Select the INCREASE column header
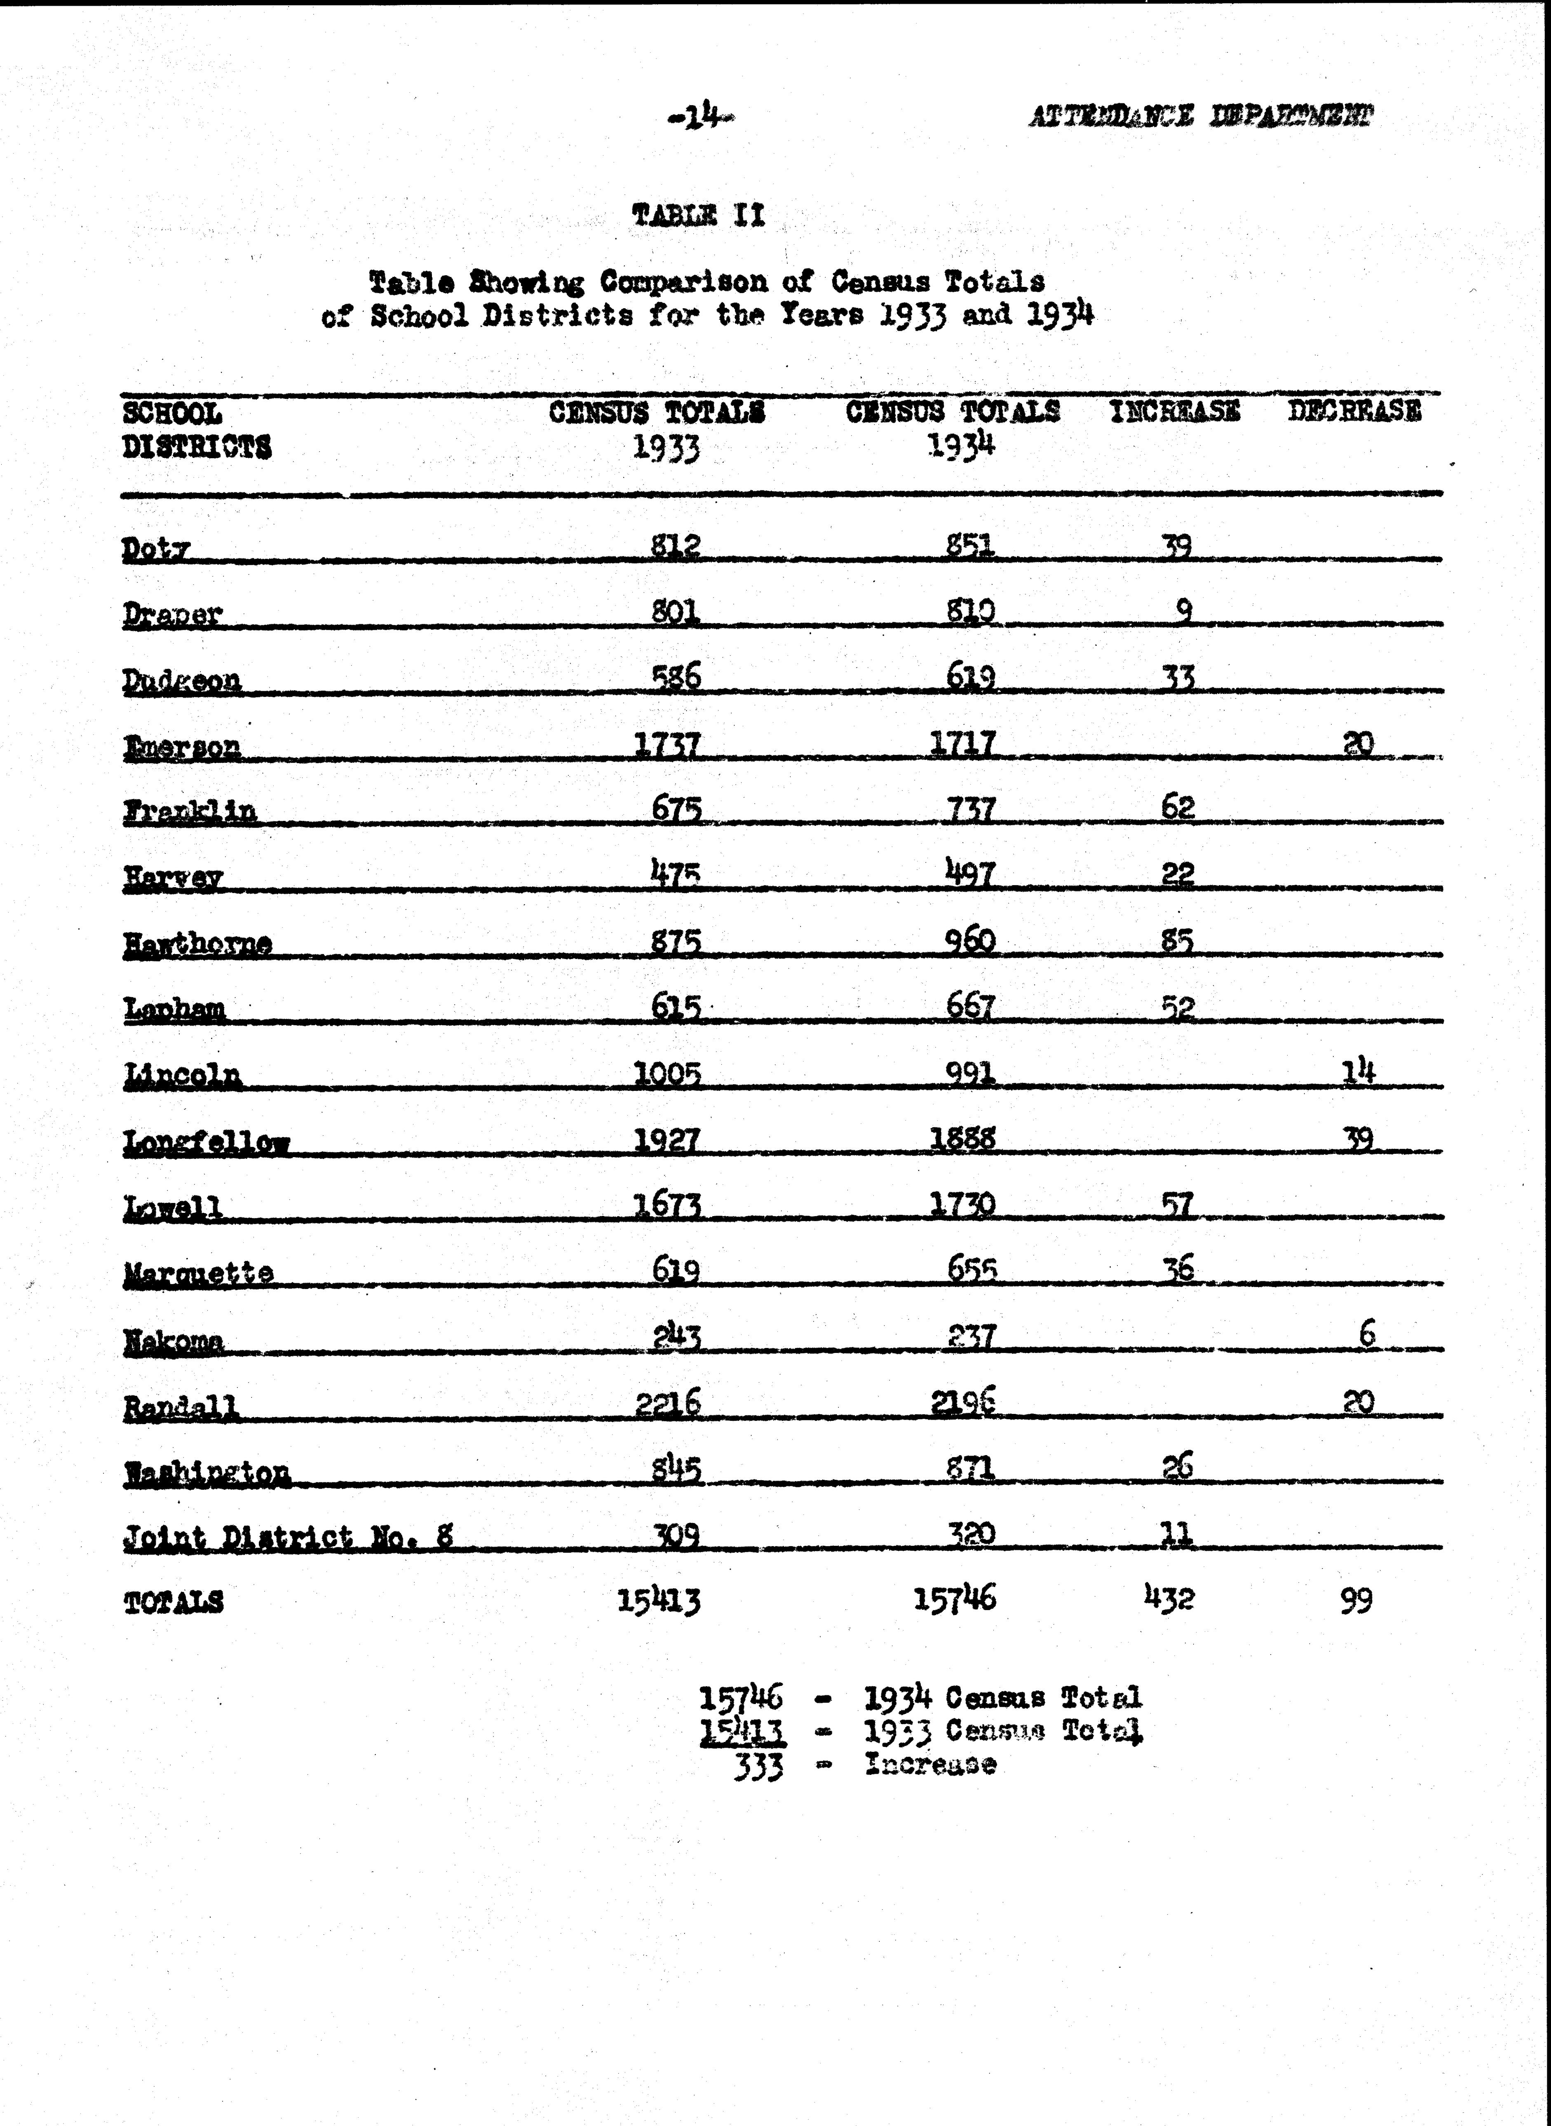point(1175,411)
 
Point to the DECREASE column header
point(1354,411)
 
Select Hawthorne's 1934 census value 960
point(970,940)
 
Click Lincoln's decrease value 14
point(1359,1071)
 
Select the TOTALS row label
point(174,1601)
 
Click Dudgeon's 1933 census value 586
point(676,676)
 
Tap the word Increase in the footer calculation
point(929,1765)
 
